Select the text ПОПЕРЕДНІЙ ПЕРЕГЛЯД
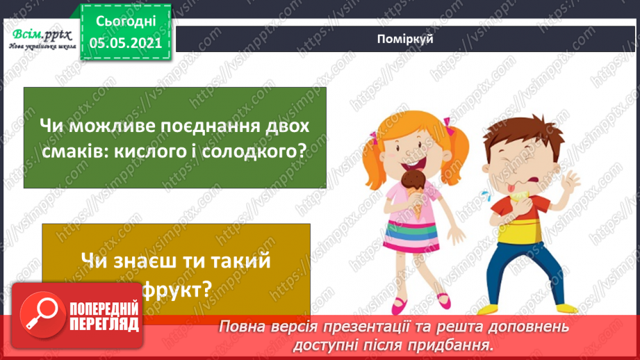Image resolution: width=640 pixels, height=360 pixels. point(104,317)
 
